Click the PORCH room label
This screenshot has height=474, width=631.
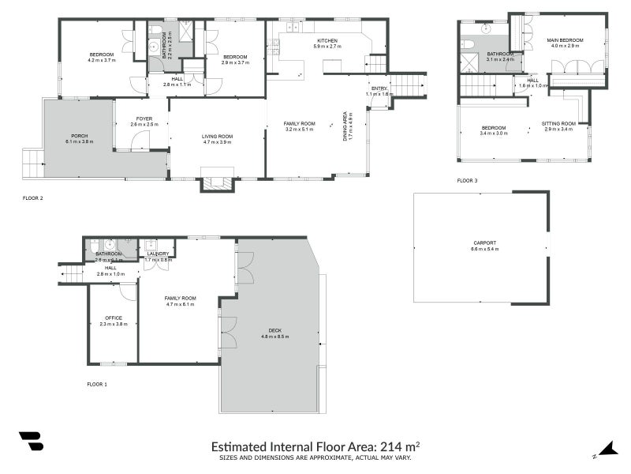tap(79, 136)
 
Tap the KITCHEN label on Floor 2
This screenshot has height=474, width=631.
tap(327, 40)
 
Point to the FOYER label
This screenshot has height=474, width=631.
tap(142, 118)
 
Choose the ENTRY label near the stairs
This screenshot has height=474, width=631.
tap(379, 88)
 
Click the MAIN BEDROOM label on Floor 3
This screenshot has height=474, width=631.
tap(566, 39)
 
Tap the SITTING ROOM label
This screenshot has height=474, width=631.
tap(559, 123)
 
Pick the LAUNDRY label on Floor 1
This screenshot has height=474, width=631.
tap(158, 254)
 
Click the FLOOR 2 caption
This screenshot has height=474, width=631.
tap(32, 198)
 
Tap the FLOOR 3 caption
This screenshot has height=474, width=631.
tap(467, 181)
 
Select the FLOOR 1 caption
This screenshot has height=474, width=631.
tap(96, 384)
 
